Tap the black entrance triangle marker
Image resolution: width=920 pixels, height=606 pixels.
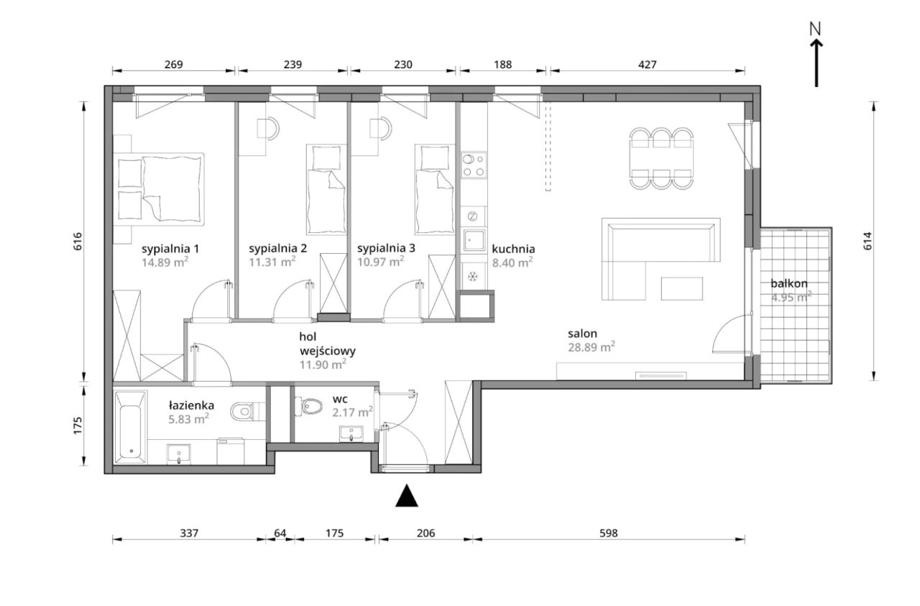tap(407, 495)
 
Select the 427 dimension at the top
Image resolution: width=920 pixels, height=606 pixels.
tap(648, 65)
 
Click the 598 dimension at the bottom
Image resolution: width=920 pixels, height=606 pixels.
tap(608, 533)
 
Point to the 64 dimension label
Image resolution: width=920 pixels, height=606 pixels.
tap(280, 533)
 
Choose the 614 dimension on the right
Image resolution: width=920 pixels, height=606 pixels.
tap(867, 241)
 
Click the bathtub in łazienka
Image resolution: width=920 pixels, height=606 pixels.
tap(131, 428)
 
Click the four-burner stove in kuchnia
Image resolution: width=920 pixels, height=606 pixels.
tap(473, 165)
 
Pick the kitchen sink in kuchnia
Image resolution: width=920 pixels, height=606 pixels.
tap(474, 240)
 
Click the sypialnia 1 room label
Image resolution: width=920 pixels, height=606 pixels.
tap(170, 249)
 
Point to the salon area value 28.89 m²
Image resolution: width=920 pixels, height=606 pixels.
tap(592, 347)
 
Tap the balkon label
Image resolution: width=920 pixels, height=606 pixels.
tap(789, 283)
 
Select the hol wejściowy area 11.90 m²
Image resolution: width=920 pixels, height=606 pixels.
tap(323, 364)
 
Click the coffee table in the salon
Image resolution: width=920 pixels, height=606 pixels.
tap(681, 289)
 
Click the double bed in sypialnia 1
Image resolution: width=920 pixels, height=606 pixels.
tap(159, 189)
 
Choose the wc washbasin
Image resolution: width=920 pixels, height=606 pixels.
tap(351, 434)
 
